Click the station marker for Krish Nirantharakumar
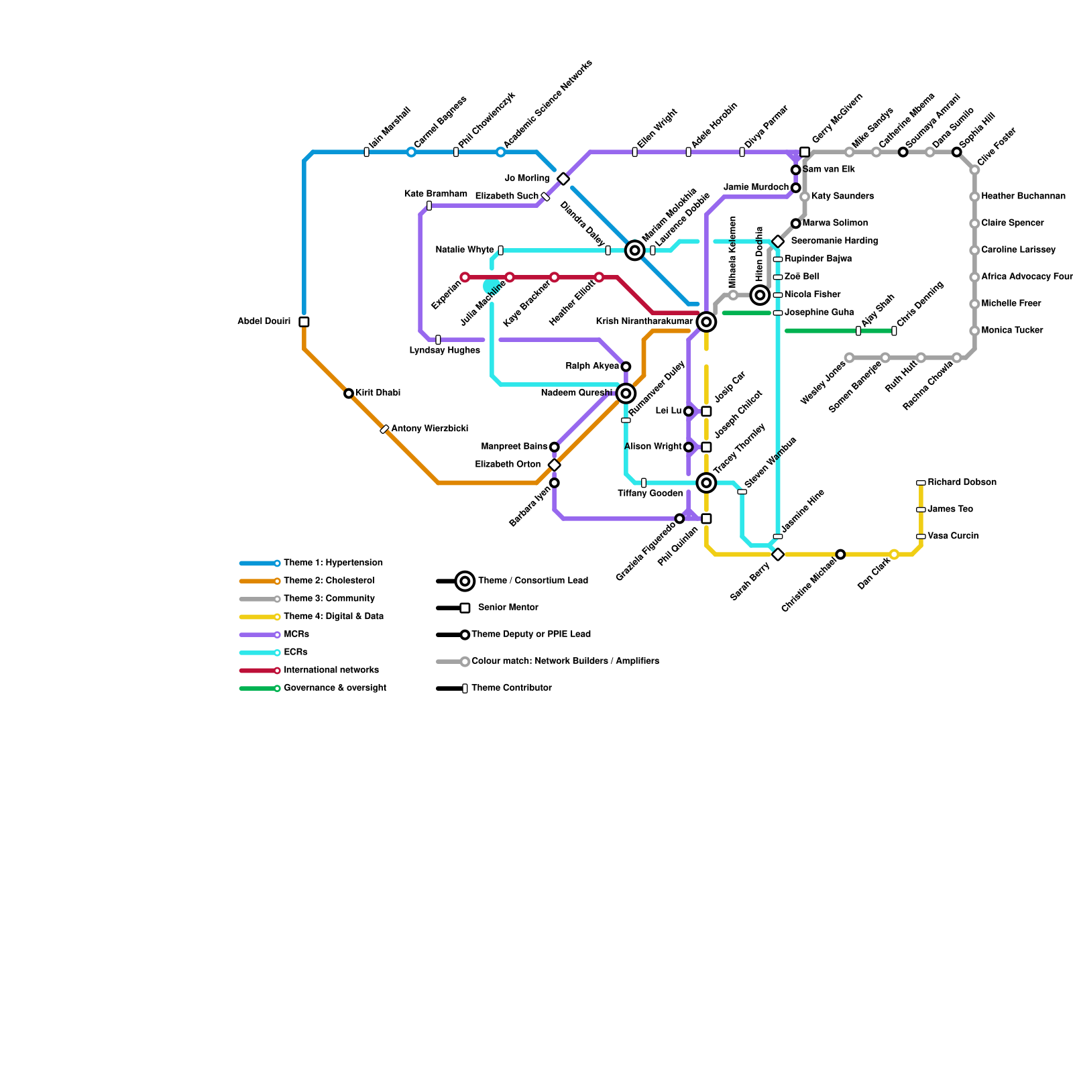pyautogui.click(x=706, y=322)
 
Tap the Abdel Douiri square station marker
pyautogui.click(x=304, y=322)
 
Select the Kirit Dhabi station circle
pyautogui.click(x=349, y=394)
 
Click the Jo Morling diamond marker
pyautogui.click(x=563, y=178)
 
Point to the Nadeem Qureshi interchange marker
pyautogui.click(x=626, y=394)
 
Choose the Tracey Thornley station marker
pyautogui.click(x=706, y=483)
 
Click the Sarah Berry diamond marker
pyautogui.click(x=778, y=555)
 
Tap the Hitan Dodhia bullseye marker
pyautogui.click(x=760, y=295)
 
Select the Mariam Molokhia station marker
pyautogui.click(x=635, y=250)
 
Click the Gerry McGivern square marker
pyautogui.click(x=805, y=152)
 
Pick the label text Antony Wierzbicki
pyautogui.click(x=429, y=429)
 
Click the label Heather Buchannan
pyautogui.click(x=1023, y=196)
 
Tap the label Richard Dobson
pyautogui.click(x=962, y=482)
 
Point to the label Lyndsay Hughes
pyautogui.click(x=445, y=350)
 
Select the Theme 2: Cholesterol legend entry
pyautogui.click(x=329, y=581)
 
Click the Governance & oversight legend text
pyautogui.click(x=335, y=688)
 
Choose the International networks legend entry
pyautogui.click(x=331, y=670)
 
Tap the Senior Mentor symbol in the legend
pyautogui.click(x=465, y=608)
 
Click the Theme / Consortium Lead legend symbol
pyautogui.click(x=465, y=581)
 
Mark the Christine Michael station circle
pyautogui.click(x=840, y=555)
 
